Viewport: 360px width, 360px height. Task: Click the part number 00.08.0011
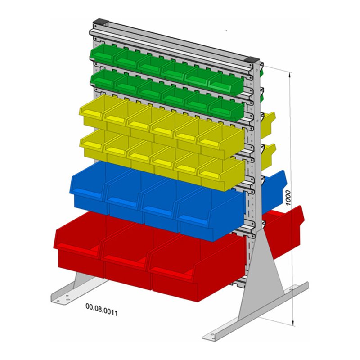102,309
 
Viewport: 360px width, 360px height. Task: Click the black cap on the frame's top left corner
99,22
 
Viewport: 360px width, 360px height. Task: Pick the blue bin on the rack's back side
275,189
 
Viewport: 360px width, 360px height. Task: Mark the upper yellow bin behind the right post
269,123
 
